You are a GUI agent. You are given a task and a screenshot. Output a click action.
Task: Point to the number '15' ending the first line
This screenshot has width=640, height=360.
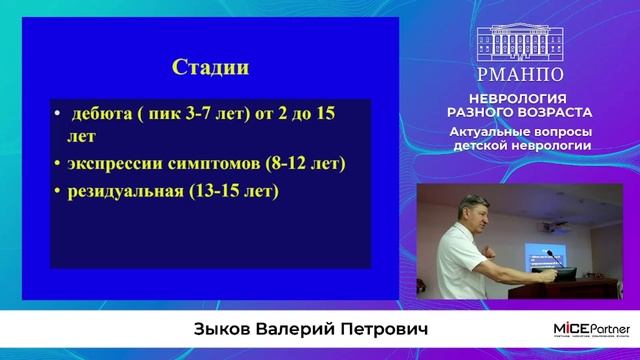[x=324, y=114]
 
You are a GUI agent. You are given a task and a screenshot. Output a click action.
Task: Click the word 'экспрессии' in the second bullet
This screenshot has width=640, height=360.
[x=119, y=162]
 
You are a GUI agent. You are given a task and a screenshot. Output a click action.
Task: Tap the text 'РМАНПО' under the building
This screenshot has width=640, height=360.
[x=534, y=73]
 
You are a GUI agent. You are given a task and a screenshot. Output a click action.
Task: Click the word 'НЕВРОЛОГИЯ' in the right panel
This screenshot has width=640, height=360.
[x=534, y=100]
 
